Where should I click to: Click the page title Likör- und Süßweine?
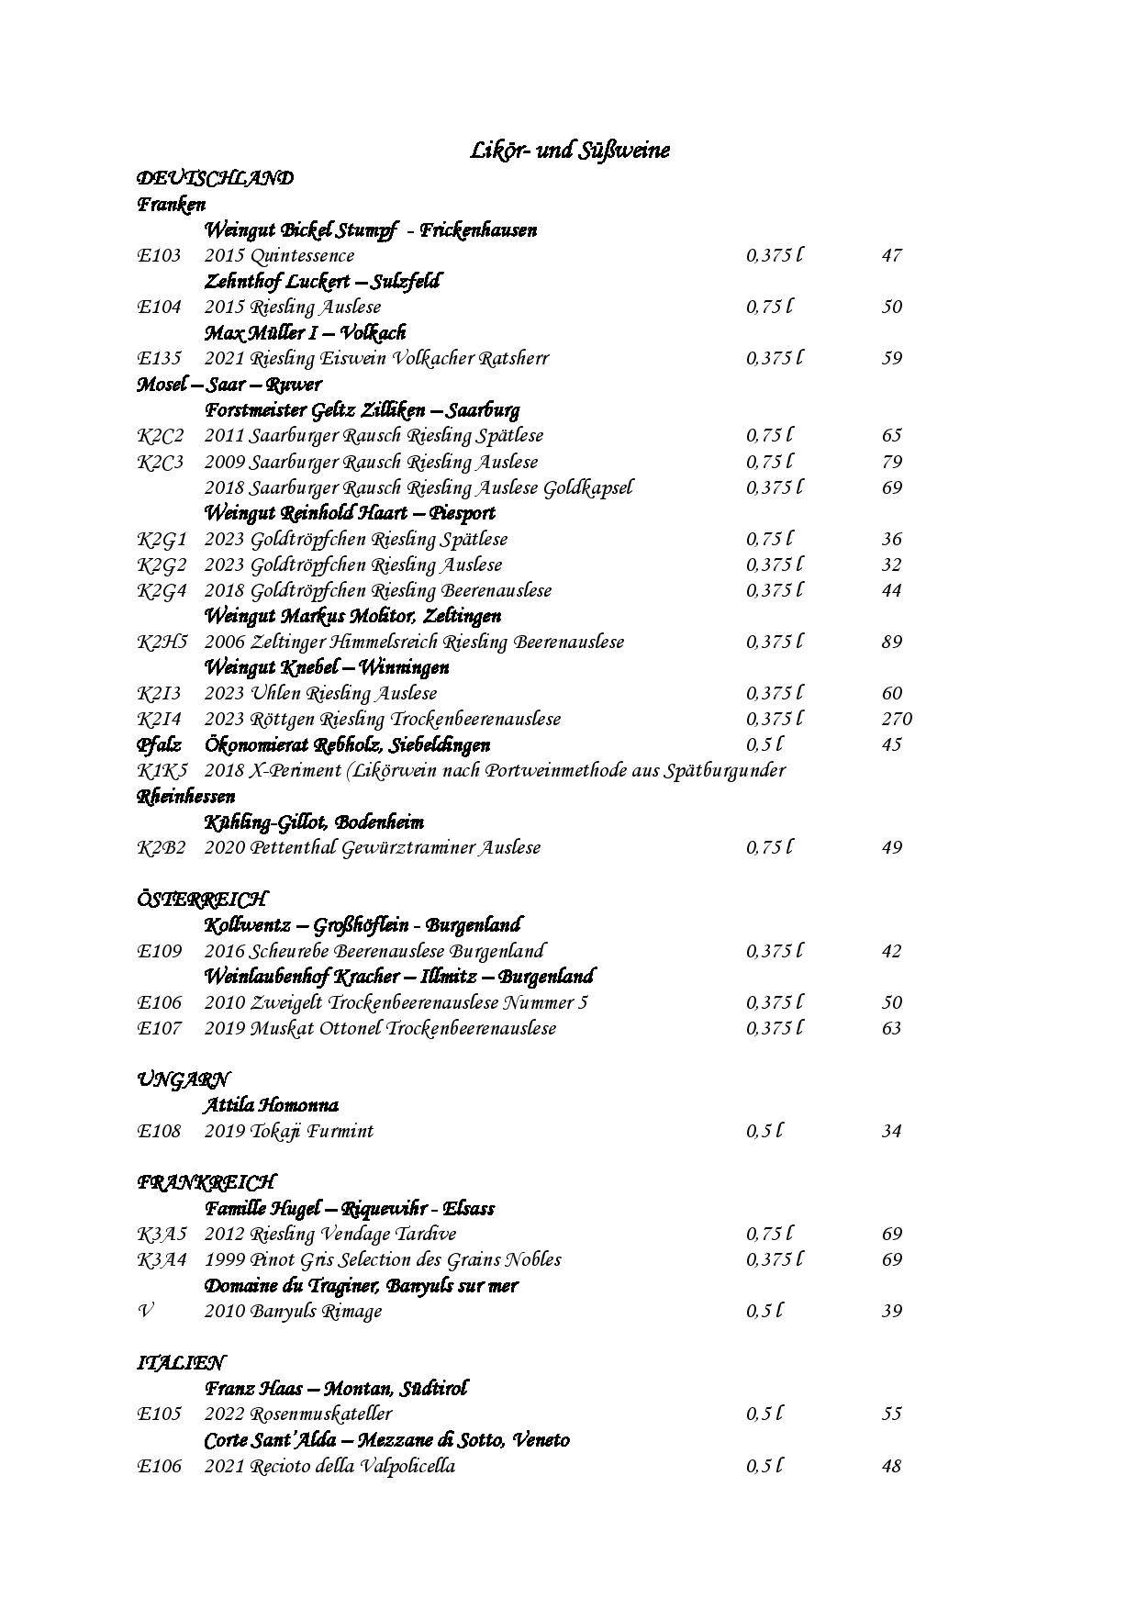coord(569,150)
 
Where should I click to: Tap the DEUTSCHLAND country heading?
coord(215,178)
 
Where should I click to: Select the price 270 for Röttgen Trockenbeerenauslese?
coord(897,719)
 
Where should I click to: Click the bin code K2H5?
coord(162,642)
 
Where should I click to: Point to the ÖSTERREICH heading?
coord(202,899)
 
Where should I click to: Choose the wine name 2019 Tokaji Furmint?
coord(288,1131)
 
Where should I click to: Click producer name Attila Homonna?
coord(271,1105)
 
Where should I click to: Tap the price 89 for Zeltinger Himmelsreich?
coord(892,642)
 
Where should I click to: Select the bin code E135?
coord(160,358)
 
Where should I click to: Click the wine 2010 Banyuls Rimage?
coord(293,1311)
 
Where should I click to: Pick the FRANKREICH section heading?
coord(206,1182)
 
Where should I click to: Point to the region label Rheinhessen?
coord(186,796)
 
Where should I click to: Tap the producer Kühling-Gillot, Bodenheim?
coord(314,822)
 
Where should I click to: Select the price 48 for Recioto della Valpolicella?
coord(891,1466)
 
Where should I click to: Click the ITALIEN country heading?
coord(181,1362)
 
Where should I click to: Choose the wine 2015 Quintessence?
coord(279,255)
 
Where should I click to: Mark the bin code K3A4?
coord(162,1259)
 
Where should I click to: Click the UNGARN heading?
coord(183,1079)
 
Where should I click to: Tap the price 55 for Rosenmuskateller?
coord(892,1414)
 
